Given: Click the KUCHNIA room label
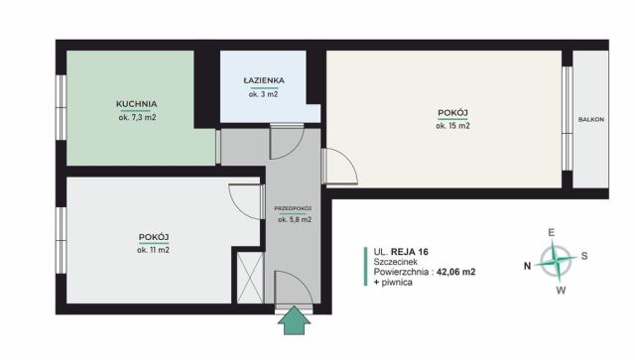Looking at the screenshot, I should point(137,103).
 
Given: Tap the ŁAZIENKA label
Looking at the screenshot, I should point(263,80).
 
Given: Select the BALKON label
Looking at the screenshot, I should point(591,120).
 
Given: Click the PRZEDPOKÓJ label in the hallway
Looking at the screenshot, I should point(295,208).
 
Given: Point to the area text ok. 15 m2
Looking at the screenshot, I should point(453,126).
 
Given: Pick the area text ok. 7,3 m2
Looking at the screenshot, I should point(137,117).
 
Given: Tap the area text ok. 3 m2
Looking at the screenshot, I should point(263,94).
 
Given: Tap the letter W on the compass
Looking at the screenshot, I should point(561,291).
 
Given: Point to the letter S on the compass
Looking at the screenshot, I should point(584,256).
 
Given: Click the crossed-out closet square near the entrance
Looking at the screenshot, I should point(247,277).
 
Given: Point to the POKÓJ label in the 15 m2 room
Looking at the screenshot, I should point(453,113).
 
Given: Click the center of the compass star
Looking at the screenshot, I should point(558,263).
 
